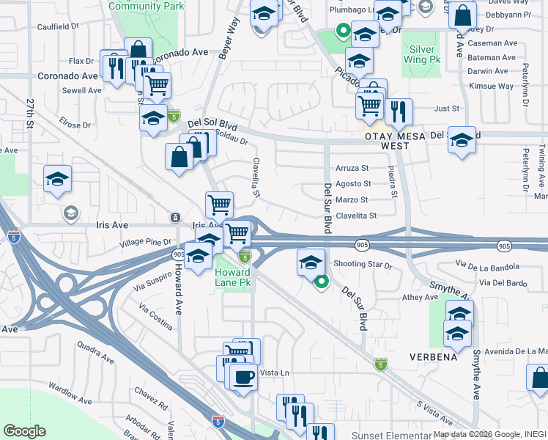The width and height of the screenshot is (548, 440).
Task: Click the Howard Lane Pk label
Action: click(x=234, y=276)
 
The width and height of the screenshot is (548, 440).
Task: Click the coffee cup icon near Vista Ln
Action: click(x=243, y=378)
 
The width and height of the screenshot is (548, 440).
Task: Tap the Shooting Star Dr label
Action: click(x=363, y=264)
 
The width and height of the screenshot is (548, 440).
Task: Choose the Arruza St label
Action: click(x=352, y=168)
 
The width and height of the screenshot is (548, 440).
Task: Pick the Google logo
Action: click(x=24, y=431)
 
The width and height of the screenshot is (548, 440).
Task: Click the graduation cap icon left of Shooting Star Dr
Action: click(x=311, y=262)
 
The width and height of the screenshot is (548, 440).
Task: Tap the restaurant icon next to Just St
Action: click(x=399, y=111)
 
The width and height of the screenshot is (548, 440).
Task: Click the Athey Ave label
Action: click(x=420, y=298)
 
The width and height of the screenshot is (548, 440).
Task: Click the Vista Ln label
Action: click(x=275, y=373)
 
